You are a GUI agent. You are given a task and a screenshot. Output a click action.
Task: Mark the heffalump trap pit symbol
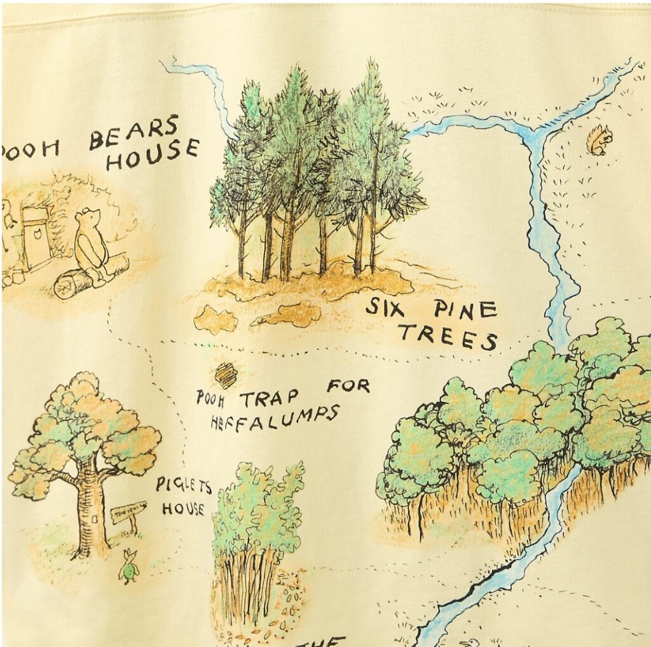coord(226,375)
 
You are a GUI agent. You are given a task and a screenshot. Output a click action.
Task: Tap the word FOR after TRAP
coord(348,386)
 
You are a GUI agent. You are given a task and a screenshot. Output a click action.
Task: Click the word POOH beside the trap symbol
coord(209,399)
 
